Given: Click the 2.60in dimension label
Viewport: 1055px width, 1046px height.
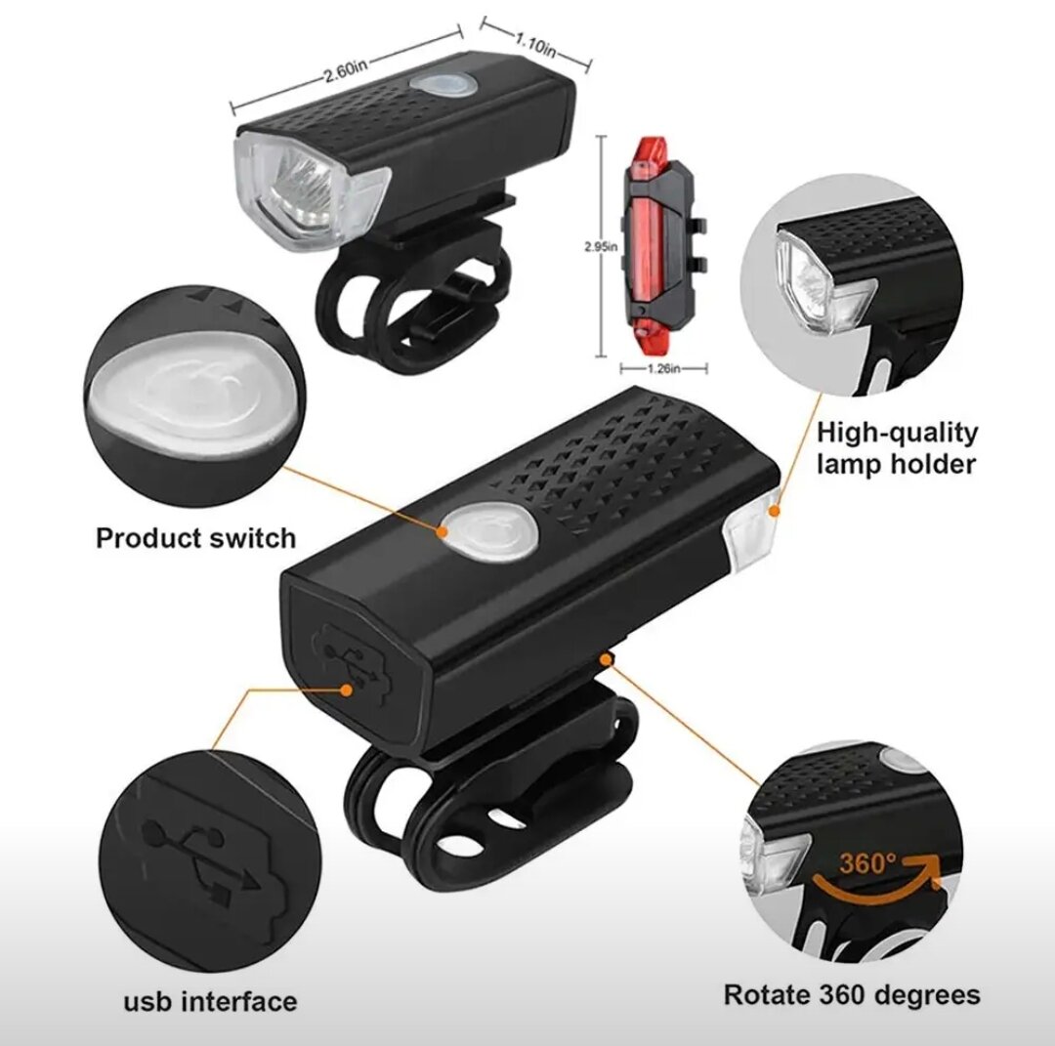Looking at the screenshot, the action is [x=346, y=69].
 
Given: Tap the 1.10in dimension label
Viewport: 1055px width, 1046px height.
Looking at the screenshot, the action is [x=535, y=45].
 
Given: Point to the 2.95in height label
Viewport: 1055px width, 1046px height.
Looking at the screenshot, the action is [x=600, y=247].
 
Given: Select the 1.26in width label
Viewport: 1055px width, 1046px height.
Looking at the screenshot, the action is [x=663, y=368].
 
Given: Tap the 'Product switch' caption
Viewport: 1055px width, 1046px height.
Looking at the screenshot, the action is [x=195, y=538].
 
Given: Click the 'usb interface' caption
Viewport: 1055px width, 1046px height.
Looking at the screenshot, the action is [x=211, y=1002].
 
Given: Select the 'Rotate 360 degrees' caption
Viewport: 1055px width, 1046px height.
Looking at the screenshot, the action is [x=852, y=994].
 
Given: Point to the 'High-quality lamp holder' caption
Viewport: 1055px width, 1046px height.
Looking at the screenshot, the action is [x=898, y=448].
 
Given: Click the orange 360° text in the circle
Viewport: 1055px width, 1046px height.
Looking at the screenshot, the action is [x=868, y=862].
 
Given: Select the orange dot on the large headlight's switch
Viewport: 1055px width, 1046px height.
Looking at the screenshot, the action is [x=443, y=531].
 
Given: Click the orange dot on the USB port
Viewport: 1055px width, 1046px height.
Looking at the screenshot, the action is [x=347, y=690].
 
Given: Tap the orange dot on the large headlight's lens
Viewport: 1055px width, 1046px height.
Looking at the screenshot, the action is [x=775, y=511].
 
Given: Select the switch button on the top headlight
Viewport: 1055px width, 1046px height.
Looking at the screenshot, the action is [x=443, y=85].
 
